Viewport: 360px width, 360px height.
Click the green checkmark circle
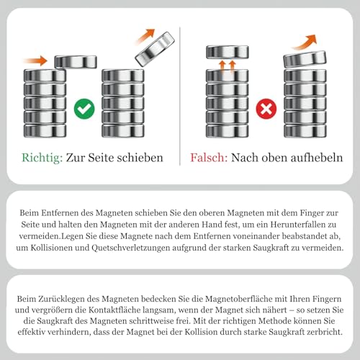click(x=84, y=109)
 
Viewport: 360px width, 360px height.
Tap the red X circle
click(x=266, y=109)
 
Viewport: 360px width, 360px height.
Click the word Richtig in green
click(x=42, y=158)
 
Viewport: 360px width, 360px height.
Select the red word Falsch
click(x=209, y=158)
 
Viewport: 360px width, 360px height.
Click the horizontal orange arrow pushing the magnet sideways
click(x=35, y=60)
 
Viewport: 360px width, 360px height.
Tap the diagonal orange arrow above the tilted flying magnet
click(x=145, y=36)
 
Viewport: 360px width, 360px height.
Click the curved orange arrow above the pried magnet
click(x=305, y=42)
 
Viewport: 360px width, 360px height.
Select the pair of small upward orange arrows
click(x=227, y=66)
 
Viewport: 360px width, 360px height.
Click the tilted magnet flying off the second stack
click(x=155, y=49)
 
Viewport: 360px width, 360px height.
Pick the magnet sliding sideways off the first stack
click(x=76, y=62)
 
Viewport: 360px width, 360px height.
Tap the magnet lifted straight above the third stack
click(x=228, y=52)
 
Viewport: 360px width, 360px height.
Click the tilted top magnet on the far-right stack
click(x=305, y=59)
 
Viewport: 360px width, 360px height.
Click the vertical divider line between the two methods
click(x=180, y=96)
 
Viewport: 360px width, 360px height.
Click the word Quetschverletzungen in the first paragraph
click(x=131, y=248)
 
